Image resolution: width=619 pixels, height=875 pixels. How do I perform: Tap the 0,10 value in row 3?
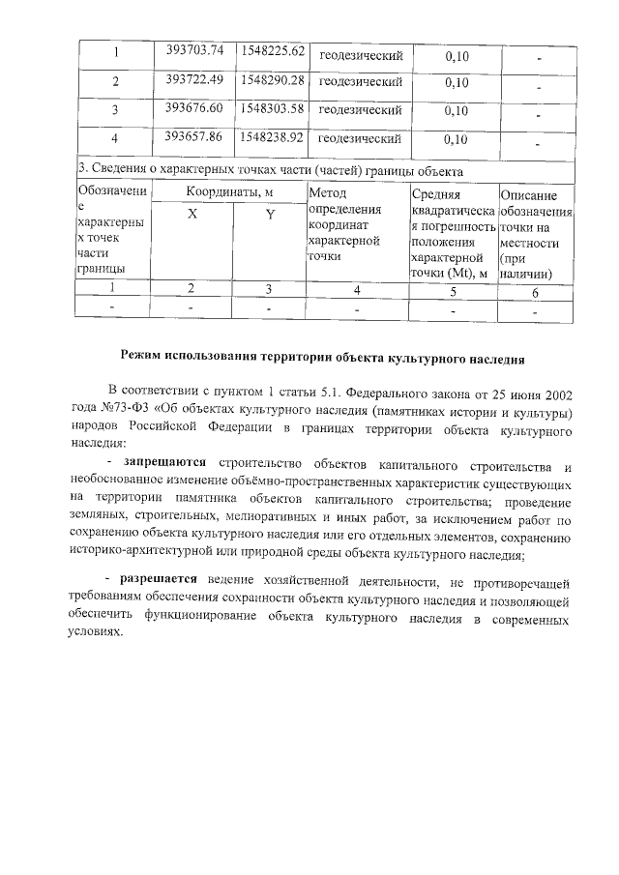pos(457,111)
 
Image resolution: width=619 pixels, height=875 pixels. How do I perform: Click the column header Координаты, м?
pos(230,192)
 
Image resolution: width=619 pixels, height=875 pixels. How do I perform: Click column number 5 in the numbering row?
pos(454,289)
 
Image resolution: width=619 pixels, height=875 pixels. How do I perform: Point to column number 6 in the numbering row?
pos(535,289)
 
